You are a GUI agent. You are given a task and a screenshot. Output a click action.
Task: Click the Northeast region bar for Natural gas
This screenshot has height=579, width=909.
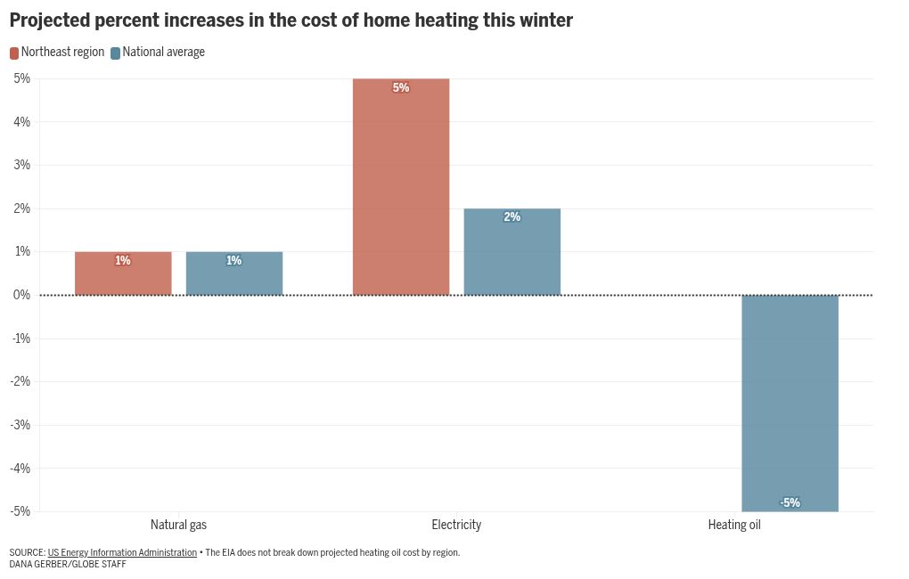pyautogui.click(x=123, y=273)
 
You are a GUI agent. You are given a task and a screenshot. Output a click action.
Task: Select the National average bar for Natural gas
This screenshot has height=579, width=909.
pyautogui.click(x=234, y=273)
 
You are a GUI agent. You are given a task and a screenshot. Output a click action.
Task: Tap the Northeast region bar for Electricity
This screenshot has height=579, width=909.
pyautogui.click(x=401, y=187)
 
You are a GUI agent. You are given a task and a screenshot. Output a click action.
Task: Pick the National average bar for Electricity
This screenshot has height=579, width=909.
pyautogui.click(x=512, y=252)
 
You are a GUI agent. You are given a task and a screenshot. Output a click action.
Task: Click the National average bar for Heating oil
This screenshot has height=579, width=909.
pyautogui.click(x=790, y=403)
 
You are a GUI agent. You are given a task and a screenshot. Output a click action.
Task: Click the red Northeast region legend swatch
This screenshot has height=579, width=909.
pyautogui.click(x=14, y=53)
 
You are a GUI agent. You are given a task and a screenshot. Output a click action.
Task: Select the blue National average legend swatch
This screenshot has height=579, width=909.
pyautogui.click(x=115, y=53)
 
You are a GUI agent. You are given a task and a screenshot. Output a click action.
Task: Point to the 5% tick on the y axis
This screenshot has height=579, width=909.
pyautogui.click(x=21, y=78)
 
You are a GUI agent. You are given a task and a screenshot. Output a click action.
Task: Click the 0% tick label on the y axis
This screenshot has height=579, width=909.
pyautogui.click(x=21, y=295)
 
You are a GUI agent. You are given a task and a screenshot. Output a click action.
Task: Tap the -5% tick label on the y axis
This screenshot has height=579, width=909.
pyautogui.click(x=20, y=511)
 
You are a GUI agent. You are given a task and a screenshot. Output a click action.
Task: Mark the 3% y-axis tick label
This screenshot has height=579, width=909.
pyautogui.click(x=21, y=165)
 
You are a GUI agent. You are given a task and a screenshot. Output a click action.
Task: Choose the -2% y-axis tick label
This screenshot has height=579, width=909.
pyautogui.click(x=20, y=381)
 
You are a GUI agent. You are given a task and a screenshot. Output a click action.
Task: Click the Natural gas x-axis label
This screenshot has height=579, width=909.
pyautogui.click(x=178, y=525)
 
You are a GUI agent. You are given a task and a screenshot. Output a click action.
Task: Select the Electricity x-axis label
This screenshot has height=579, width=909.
pyautogui.click(x=456, y=525)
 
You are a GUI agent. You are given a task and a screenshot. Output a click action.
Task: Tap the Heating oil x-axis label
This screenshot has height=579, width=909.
pyautogui.click(x=734, y=525)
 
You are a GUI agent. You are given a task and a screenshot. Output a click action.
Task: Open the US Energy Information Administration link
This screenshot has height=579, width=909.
pyautogui.click(x=122, y=552)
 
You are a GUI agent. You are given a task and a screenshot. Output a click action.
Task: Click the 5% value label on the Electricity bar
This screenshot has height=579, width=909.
pyautogui.click(x=401, y=87)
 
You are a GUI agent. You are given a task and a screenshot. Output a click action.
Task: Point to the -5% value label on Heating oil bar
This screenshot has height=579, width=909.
pyautogui.click(x=790, y=502)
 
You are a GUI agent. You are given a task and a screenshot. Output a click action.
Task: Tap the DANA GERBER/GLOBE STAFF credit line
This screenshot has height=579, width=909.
pyautogui.click(x=68, y=565)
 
